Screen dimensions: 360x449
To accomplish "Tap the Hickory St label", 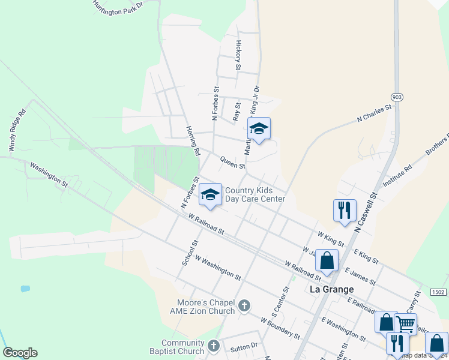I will [238, 55].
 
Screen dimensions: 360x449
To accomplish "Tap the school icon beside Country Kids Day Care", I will [210, 194].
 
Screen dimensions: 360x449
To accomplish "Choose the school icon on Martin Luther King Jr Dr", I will [259, 128].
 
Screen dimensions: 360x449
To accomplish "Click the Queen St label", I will [232, 162].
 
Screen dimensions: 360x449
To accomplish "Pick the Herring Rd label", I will [192, 142].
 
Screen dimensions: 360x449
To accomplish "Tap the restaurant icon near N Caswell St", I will [345, 211].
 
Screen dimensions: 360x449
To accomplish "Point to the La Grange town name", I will [331, 289].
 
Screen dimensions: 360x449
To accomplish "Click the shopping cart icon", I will [406, 324].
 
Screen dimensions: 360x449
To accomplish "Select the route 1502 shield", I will [438, 292].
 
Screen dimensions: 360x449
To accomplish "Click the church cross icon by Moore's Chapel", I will [244, 306].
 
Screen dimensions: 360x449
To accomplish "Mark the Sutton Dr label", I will [244, 346].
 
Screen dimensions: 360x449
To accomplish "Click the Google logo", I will [20, 353].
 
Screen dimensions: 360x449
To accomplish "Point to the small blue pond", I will [25, 289].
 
